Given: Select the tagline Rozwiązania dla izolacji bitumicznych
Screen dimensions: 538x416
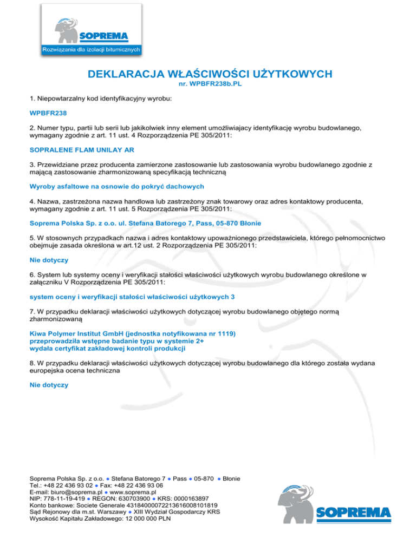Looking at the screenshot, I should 92,50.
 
